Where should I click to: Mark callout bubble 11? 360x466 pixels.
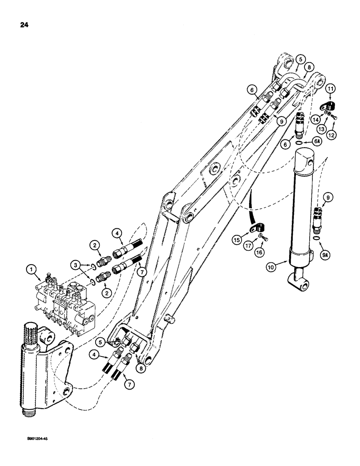pos(330,88)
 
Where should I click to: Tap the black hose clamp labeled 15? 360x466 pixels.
pos(257,229)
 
